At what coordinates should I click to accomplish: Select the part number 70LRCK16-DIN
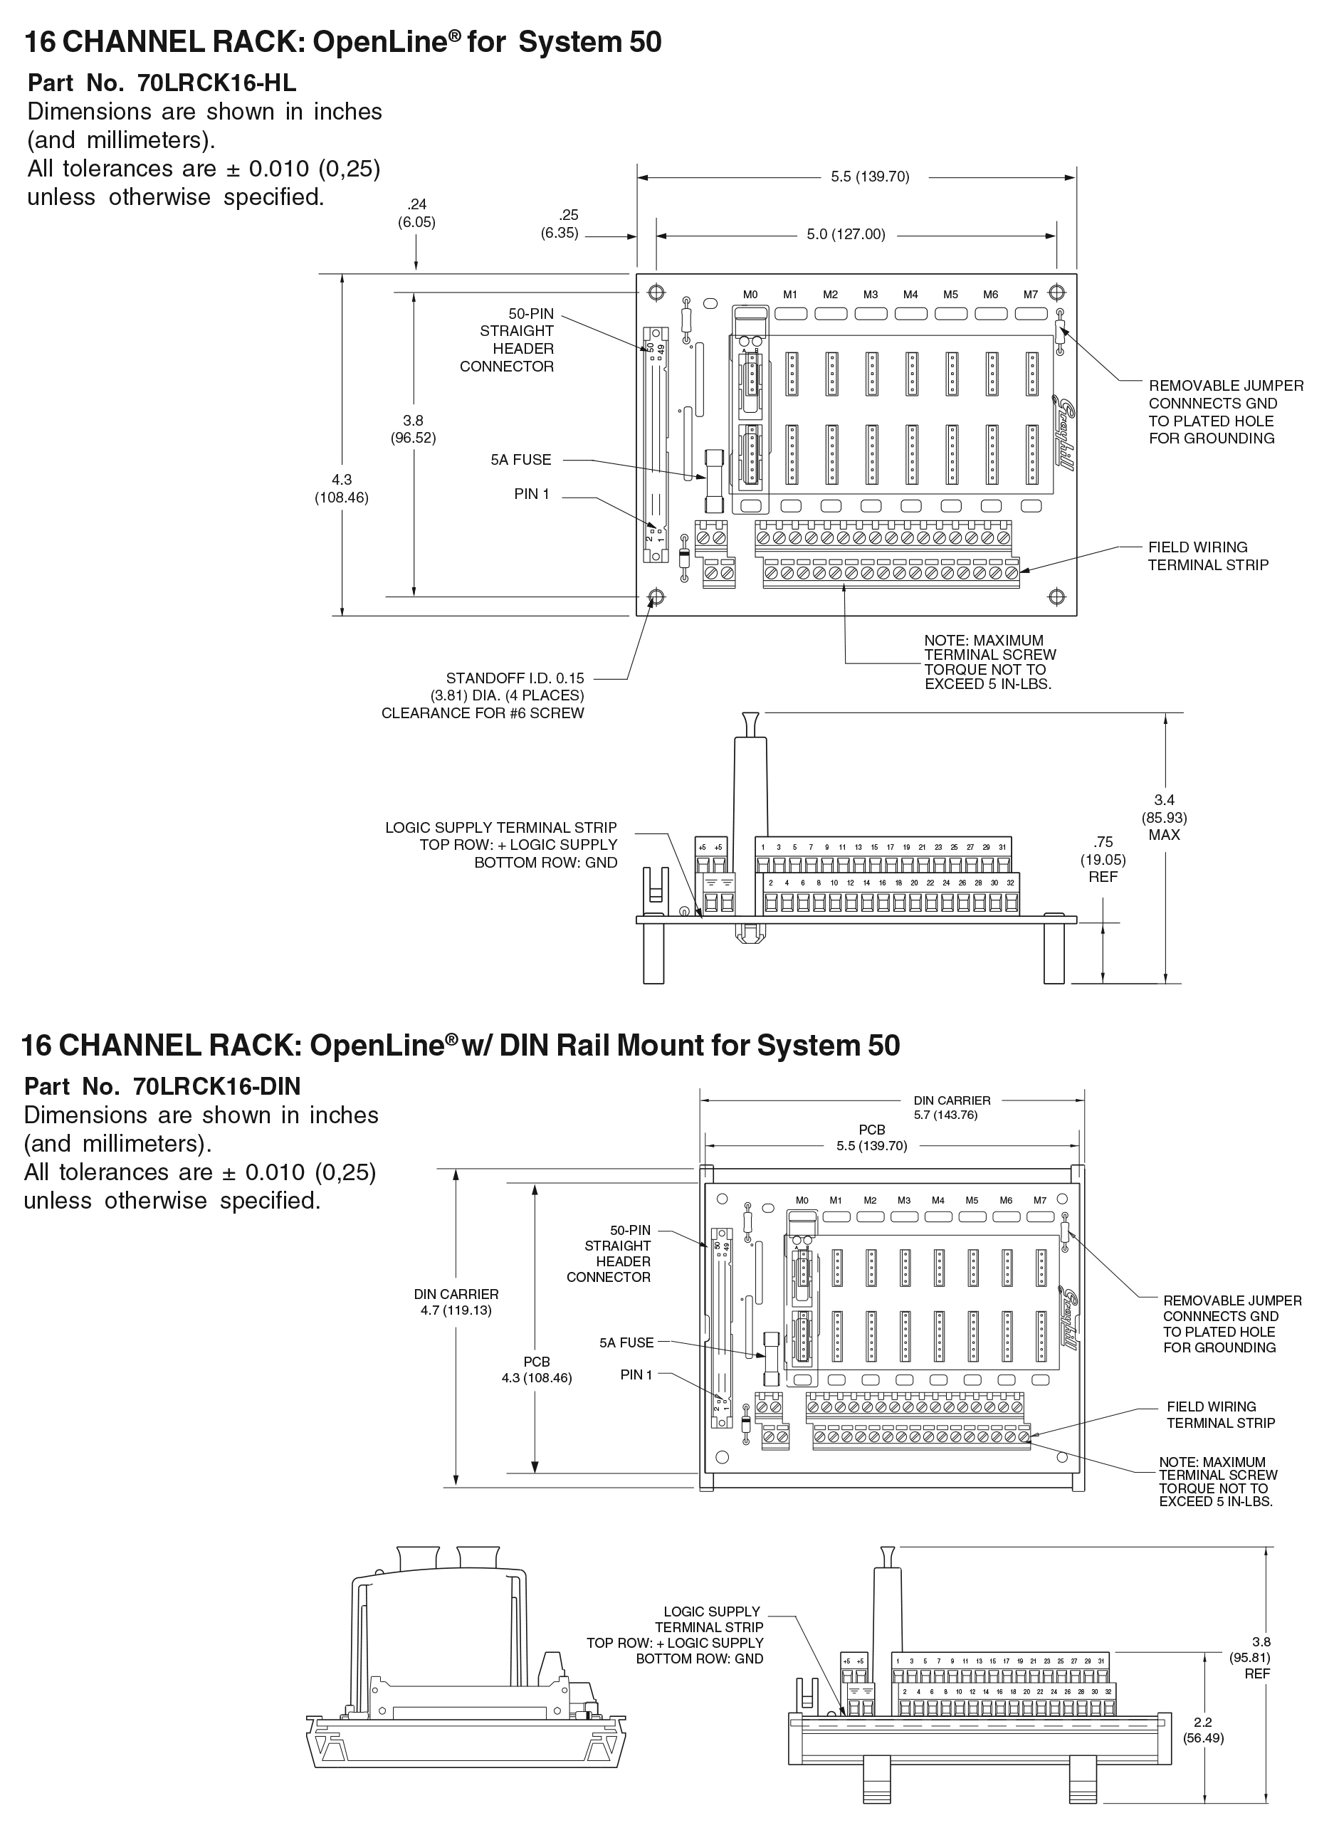click(x=216, y=1086)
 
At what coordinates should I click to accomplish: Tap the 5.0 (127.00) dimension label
click(x=846, y=234)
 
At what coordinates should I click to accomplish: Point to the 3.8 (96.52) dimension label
click(x=413, y=429)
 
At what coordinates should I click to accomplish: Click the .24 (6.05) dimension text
click(x=416, y=214)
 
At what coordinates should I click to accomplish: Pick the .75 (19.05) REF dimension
click(x=1103, y=859)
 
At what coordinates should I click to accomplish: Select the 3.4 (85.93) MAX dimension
click(x=1165, y=817)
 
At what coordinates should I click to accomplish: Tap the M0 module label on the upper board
click(x=750, y=295)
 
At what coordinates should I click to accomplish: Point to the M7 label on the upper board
click(x=1031, y=295)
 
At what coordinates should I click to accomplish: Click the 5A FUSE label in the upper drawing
click(x=521, y=460)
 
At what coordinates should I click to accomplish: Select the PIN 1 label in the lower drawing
click(x=636, y=1374)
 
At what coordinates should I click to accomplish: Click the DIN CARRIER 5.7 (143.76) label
click(x=952, y=1108)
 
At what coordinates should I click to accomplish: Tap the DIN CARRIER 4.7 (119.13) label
click(x=456, y=1302)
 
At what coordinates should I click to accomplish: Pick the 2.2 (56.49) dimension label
click(x=1203, y=1730)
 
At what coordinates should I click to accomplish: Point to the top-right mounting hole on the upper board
click(x=1056, y=292)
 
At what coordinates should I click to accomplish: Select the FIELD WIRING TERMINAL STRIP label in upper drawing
click(x=1207, y=556)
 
